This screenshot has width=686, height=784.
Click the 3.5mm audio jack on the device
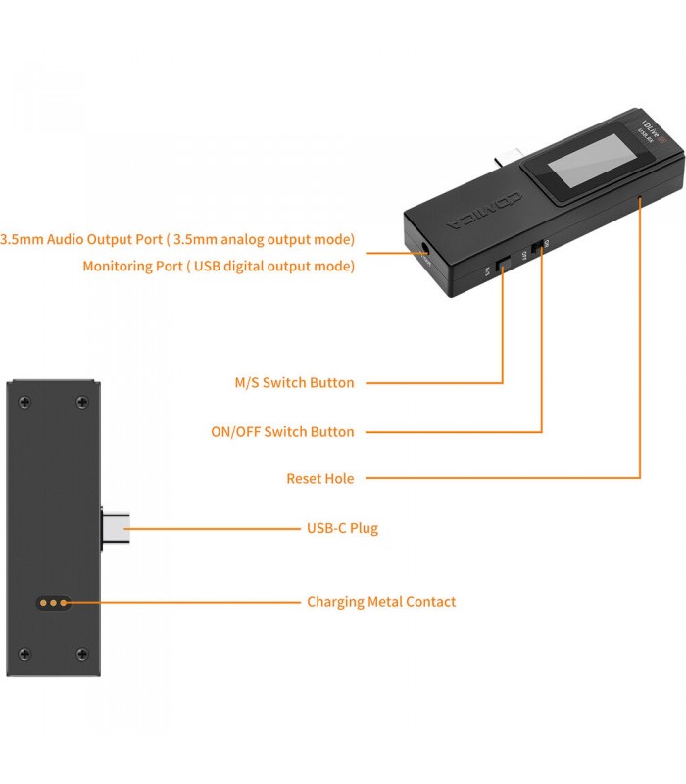(425, 252)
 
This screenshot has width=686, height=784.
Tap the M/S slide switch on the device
(502, 266)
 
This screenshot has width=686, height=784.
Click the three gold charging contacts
(54, 602)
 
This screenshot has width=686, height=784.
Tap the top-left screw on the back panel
(24, 400)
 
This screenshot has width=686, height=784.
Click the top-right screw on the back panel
(82, 400)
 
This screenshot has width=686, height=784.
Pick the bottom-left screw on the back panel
(24, 654)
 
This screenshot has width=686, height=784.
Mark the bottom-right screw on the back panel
(82, 654)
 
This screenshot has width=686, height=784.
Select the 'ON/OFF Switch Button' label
(283, 432)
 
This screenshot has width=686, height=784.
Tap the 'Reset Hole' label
(320, 479)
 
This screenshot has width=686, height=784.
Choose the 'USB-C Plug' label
(342, 529)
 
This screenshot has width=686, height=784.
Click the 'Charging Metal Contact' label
(381, 602)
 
